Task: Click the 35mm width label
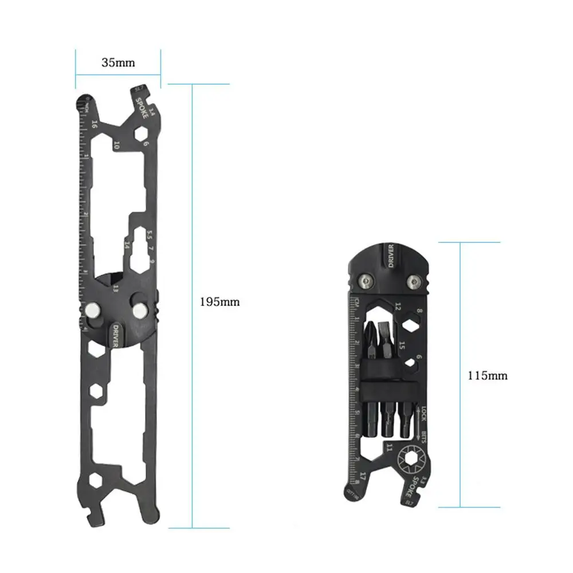pos(118,63)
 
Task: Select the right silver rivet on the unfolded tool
pos(138,310)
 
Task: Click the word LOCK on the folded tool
pos(424,413)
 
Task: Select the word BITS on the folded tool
pos(425,438)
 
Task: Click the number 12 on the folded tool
pos(397,308)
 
